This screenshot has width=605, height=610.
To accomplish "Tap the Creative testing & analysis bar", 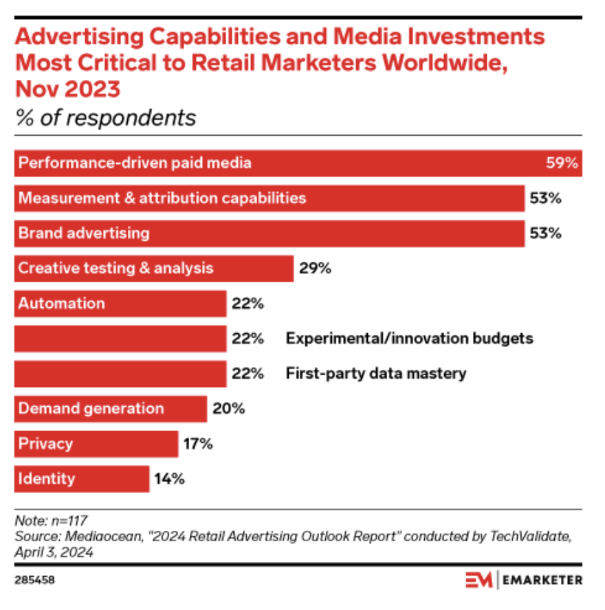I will (x=154, y=268).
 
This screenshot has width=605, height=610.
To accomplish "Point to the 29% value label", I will (x=315, y=268).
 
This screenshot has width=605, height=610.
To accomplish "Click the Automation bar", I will (x=120, y=303).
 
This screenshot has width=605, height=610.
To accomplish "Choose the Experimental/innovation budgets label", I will (x=410, y=338).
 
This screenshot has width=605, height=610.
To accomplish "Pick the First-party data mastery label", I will (x=376, y=373).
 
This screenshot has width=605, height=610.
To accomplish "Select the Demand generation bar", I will (x=110, y=408).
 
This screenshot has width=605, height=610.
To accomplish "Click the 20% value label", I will (x=228, y=408).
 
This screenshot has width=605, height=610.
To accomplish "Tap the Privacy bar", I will (x=96, y=443).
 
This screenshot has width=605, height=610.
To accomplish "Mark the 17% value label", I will (x=198, y=443).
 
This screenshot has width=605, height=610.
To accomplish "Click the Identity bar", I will (x=81, y=478).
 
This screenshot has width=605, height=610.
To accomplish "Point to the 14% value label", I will (x=169, y=478).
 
